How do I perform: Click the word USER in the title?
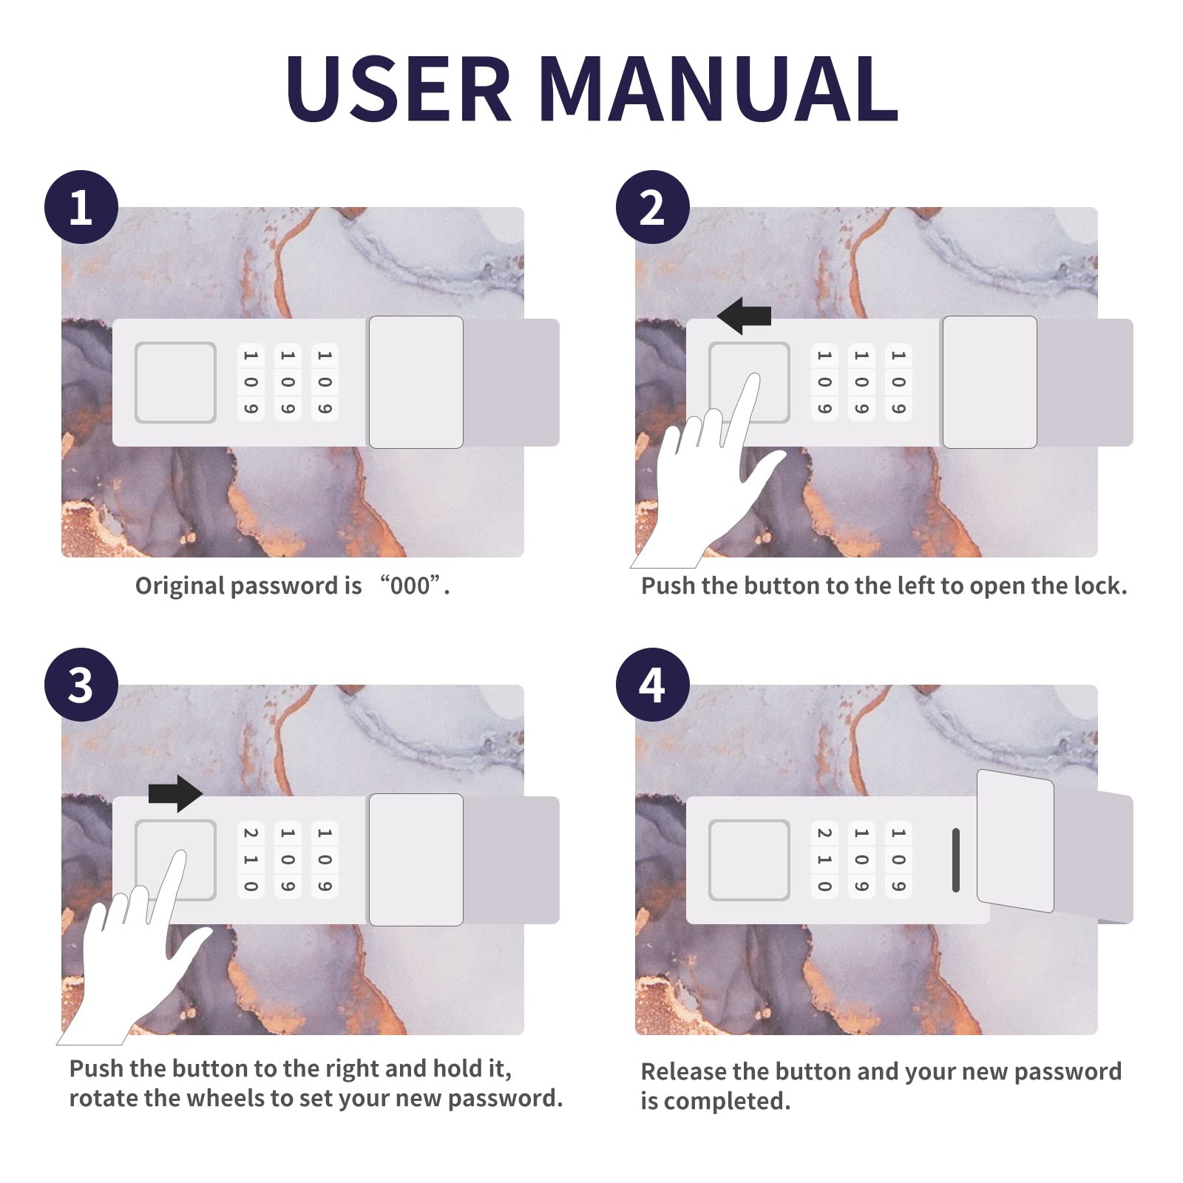(399, 88)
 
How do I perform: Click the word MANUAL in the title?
(719, 88)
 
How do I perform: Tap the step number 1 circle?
(81, 207)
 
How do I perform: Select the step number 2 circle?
(653, 207)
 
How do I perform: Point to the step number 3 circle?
(81, 685)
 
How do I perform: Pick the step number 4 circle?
(653, 685)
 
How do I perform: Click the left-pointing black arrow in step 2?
(745, 316)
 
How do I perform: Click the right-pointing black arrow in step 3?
(175, 793)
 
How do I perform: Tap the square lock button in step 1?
(175, 382)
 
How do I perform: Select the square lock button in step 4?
(749, 860)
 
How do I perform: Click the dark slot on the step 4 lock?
(956, 860)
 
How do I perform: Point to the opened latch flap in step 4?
(1015, 841)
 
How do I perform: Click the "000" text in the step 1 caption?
(410, 586)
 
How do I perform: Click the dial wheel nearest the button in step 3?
(251, 860)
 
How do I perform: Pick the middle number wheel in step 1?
(288, 382)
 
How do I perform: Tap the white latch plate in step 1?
(416, 382)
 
